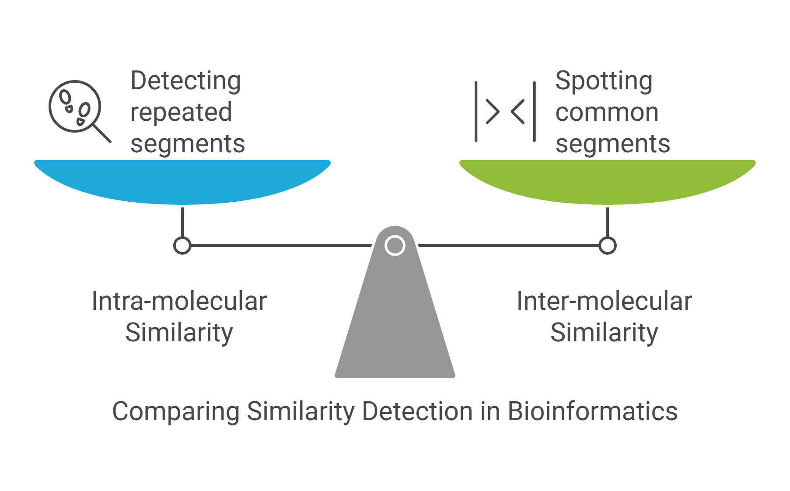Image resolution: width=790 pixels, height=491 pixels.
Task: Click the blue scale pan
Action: pyautogui.click(x=182, y=180)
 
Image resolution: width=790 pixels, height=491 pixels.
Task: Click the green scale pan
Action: pyautogui.click(x=607, y=180)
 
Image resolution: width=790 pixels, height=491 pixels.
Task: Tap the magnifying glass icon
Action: pyautogui.click(x=75, y=107)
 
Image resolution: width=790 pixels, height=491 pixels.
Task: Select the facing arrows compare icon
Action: pyautogui.click(x=505, y=112)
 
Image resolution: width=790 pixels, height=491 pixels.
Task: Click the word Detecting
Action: pyautogui.click(x=185, y=81)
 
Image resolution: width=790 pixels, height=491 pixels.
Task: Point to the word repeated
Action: pyautogui.click(x=181, y=112)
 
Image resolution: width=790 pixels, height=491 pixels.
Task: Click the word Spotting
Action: pyautogui.click(x=604, y=81)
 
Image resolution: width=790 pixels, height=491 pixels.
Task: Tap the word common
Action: pyautogui.click(x=607, y=112)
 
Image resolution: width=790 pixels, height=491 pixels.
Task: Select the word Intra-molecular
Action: pyautogui.click(x=179, y=302)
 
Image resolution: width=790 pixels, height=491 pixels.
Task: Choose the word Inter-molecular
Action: pyautogui.click(x=604, y=302)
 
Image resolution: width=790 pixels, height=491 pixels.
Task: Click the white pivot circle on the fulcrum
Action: pyautogui.click(x=395, y=245)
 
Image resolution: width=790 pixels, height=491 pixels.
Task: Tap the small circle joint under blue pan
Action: pyautogui.click(x=182, y=245)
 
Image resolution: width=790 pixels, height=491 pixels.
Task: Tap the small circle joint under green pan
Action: pyautogui.click(x=608, y=245)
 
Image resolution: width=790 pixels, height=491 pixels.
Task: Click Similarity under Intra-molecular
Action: pyautogui.click(x=179, y=333)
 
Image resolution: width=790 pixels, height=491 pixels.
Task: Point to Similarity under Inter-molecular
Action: pyautogui.click(x=604, y=333)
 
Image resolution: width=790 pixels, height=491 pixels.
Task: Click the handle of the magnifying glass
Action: pyautogui.click(x=102, y=133)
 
